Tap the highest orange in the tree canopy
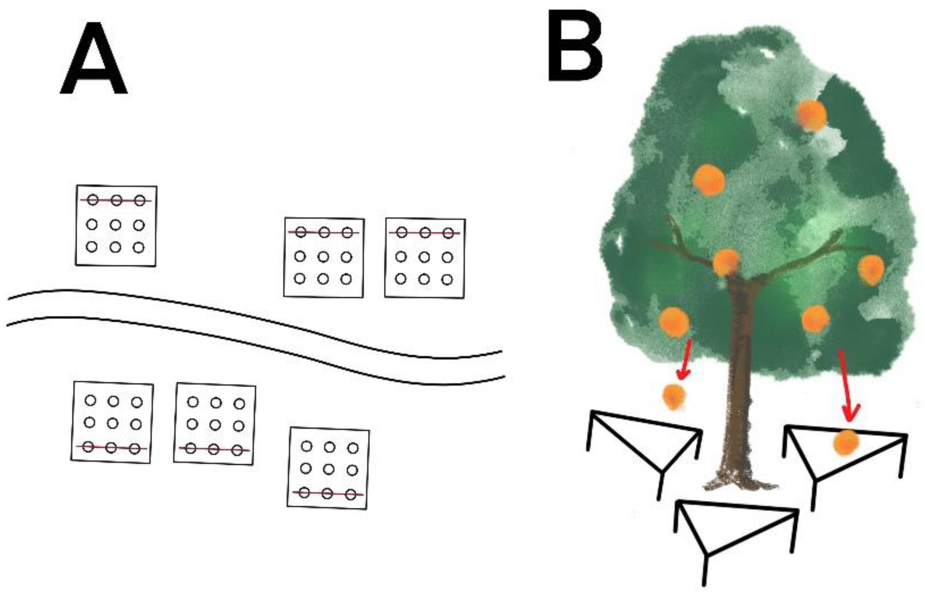(x=811, y=116)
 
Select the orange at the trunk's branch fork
(x=726, y=262)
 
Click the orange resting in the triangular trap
(x=846, y=443)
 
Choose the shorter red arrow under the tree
(x=684, y=359)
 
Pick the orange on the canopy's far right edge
(x=871, y=270)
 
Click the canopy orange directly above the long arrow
(x=815, y=319)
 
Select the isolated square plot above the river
(x=116, y=225)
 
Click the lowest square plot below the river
(x=328, y=468)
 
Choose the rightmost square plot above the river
(x=425, y=258)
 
